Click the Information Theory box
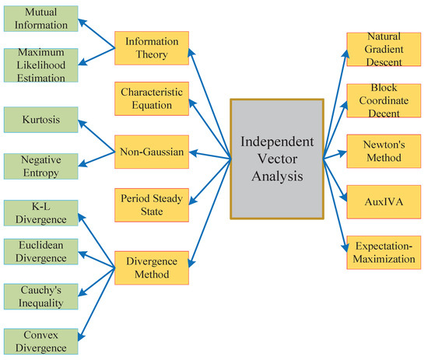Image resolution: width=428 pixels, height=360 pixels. pyautogui.click(x=151, y=48)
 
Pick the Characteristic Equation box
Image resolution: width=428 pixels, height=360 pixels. pyautogui.click(x=151, y=99)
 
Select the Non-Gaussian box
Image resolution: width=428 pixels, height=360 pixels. pyautogui.click(x=151, y=152)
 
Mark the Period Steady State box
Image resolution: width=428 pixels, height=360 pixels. pyautogui.click(x=151, y=204)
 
